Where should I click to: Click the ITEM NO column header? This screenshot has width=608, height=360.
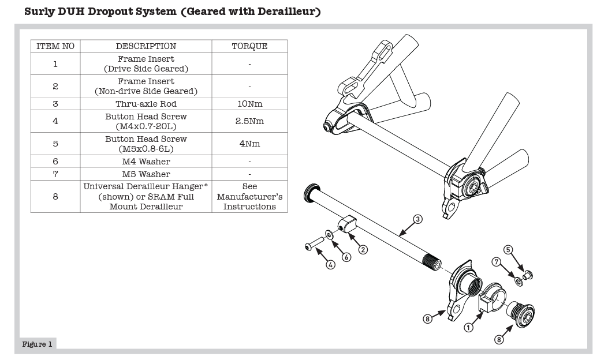[55, 46]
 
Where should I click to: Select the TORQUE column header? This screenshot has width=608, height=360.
[249, 46]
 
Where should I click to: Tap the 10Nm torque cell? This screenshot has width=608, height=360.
[249, 104]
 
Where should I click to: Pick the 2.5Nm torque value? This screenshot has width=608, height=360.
[249, 121]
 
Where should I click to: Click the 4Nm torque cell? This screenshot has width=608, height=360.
[249, 144]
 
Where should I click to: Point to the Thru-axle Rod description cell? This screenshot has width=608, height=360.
[146, 104]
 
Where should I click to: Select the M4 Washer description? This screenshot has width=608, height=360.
[146, 162]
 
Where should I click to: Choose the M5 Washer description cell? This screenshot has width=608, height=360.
[146, 174]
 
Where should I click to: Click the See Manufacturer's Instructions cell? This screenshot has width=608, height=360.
[249, 197]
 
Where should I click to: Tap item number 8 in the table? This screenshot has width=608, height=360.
[55, 197]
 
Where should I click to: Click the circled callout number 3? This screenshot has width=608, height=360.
[418, 219]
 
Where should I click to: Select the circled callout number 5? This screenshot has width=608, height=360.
[509, 250]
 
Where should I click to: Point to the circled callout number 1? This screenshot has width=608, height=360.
[469, 327]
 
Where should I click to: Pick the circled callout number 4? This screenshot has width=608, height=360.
[331, 265]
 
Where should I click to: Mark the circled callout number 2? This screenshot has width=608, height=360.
[364, 250]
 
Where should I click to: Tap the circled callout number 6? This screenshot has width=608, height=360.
[346, 257]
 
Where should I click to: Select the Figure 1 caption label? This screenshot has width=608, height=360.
[38, 344]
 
